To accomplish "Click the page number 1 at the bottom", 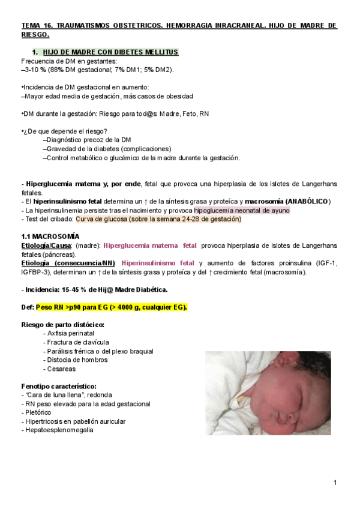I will pyautogui.click(x=335, y=483).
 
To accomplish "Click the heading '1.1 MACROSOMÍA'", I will pyautogui.click(x=50, y=236).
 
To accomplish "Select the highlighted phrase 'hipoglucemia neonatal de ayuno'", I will pyautogui.click(x=241, y=211).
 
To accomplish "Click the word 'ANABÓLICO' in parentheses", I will pyautogui.click(x=307, y=202).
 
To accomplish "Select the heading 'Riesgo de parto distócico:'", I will pyautogui.click(x=62, y=325).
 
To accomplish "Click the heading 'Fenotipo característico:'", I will pyautogui.click(x=59, y=386).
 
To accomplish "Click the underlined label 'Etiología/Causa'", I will pyautogui.click(x=47, y=245).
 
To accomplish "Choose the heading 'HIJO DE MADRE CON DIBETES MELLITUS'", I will pyautogui.click(x=110, y=52).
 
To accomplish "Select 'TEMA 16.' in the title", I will pyautogui.click(x=37, y=26).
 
